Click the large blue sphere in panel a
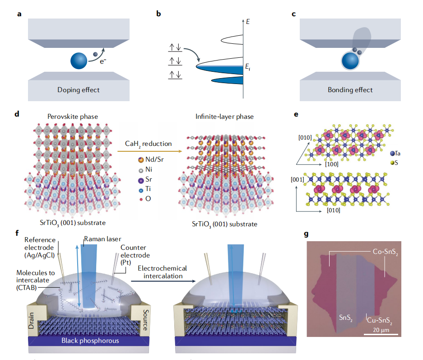point(79,61)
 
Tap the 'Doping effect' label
point(79,90)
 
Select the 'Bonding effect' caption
point(350,90)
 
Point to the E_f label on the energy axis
point(248,67)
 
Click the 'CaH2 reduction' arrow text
point(149,144)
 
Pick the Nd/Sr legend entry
point(151,159)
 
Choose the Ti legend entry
point(144,189)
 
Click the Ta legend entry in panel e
point(395,153)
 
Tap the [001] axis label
point(297,179)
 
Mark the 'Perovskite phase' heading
point(73,117)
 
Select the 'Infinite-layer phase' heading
point(224,117)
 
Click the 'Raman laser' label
point(102,239)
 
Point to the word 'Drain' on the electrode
point(31,321)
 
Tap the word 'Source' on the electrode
point(146,320)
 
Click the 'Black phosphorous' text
point(90,341)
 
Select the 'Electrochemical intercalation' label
point(163,272)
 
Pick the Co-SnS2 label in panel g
point(385,252)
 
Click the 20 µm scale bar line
point(381,334)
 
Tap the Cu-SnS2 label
point(380,321)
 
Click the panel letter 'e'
point(296,114)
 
